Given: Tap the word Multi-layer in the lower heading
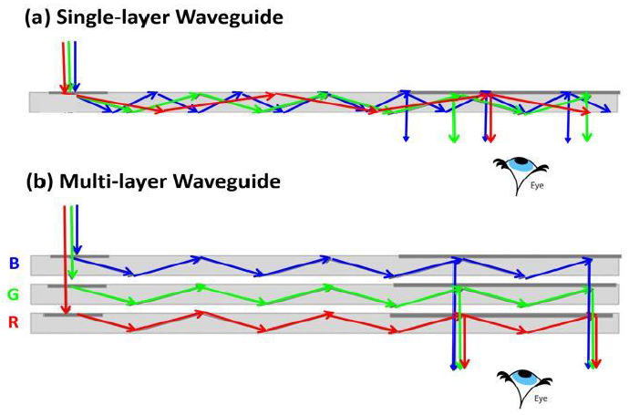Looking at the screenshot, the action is click(x=113, y=182).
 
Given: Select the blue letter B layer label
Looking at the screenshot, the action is click(x=14, y=264).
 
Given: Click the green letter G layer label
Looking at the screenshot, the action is click(x=14, y=295).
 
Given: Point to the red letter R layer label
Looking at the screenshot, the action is click(x=14, y=322).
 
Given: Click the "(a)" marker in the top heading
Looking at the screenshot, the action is click(x=38, y=17).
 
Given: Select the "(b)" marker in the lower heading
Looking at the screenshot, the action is click(x=40, y=182).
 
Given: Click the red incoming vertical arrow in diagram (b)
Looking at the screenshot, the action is click(x=66, y=260).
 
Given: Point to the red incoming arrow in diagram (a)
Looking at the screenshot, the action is click(x=64, y=67).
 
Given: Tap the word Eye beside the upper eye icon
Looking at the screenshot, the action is click(x=537, y=186).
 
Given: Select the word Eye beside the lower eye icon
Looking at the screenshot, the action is click(x=541, y=399).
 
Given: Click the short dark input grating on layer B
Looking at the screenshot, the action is click(x=79, y=256).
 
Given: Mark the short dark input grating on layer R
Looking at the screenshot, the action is click(x=73, y=315).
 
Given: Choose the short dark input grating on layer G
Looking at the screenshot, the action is click(x=77, y=286).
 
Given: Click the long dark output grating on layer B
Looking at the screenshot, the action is click(x=510, y=256).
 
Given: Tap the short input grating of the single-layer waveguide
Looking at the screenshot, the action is click(x=78, y=93).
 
